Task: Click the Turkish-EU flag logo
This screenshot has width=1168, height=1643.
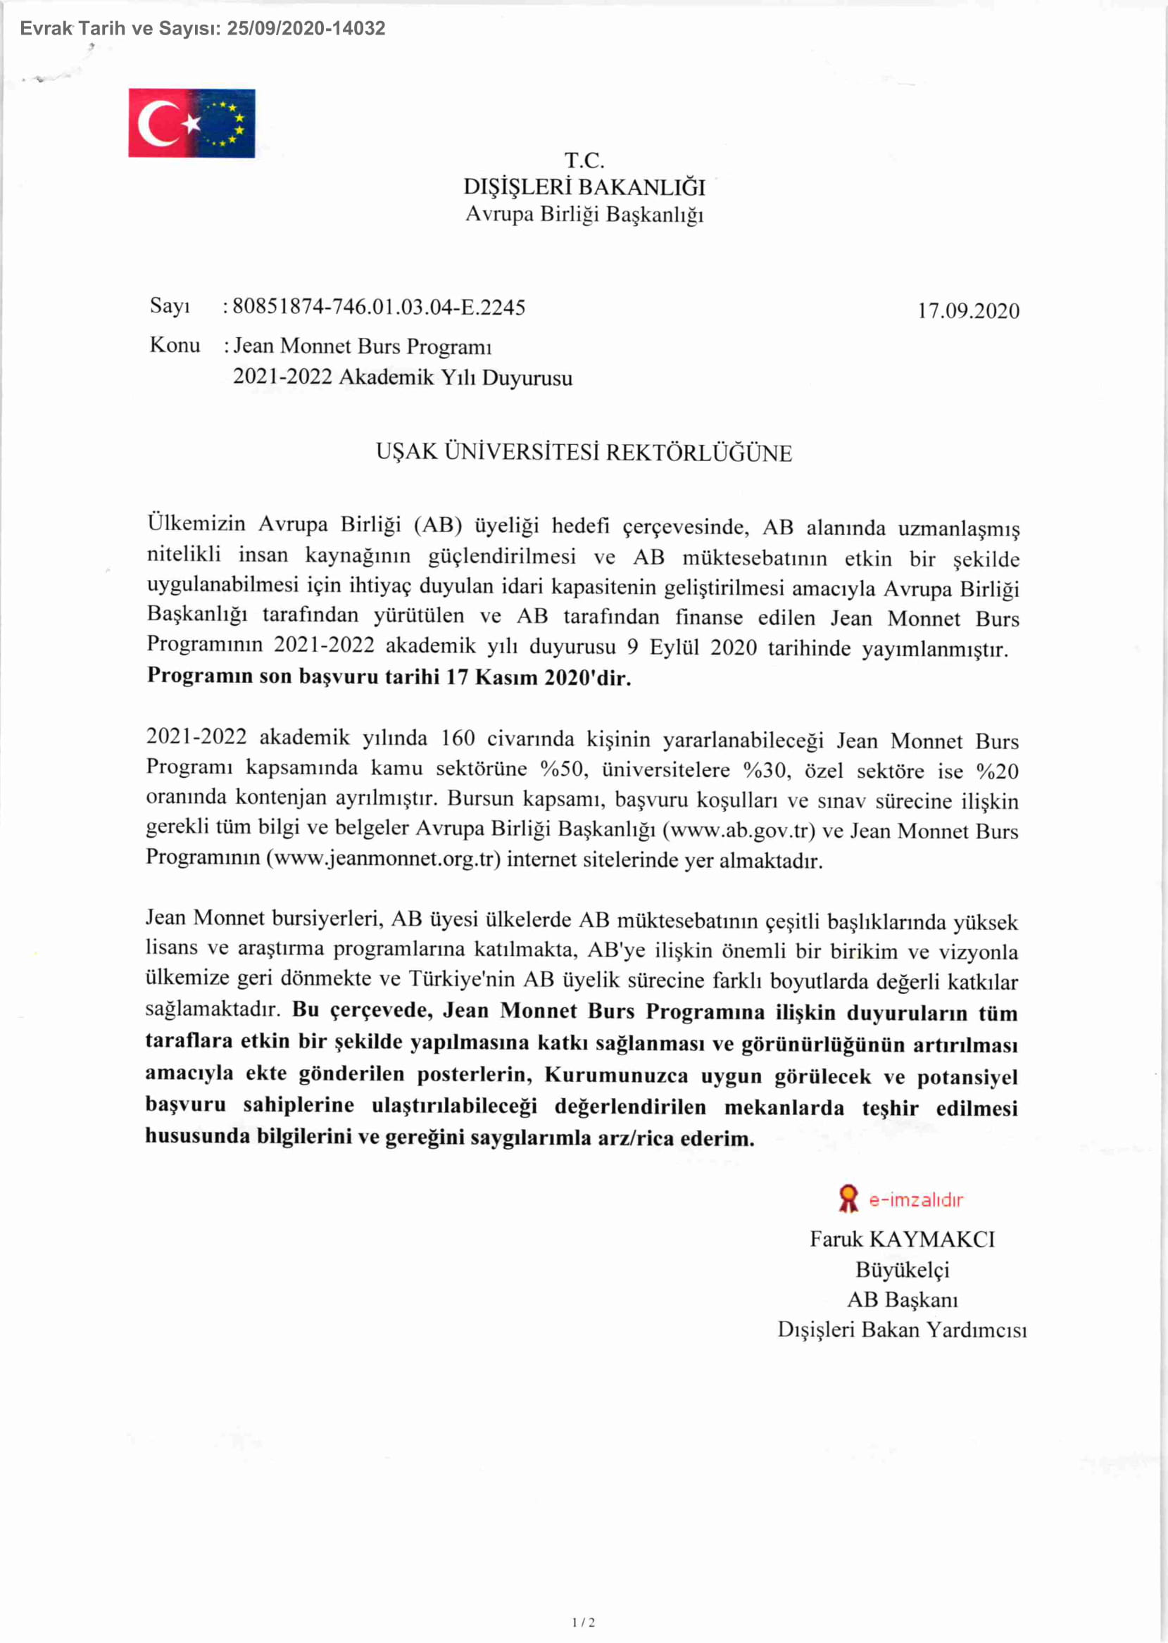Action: pos(191,123)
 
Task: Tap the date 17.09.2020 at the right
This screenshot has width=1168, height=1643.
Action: pos(968,310)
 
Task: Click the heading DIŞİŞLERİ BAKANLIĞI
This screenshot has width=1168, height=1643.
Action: pos(584,187)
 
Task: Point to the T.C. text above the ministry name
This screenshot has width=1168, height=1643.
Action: pos(584,160)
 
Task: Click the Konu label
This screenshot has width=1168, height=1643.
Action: pos(175,345)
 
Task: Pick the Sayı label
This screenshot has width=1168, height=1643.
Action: pos(170,306)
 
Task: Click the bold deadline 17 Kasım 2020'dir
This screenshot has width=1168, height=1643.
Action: pos(538,677)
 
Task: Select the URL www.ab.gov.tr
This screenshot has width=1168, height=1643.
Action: pos(738,831)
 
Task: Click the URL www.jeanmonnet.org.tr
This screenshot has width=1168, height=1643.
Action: pos(383,860)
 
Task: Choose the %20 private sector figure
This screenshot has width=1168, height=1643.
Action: pos(998,771)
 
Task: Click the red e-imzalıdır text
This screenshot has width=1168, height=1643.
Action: pos(916,1200)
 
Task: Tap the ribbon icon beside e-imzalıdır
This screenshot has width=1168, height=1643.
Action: pos(848,1199)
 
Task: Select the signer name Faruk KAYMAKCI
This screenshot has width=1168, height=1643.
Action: pos(902,1239)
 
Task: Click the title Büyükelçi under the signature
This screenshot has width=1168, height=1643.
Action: pos(902,1270)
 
